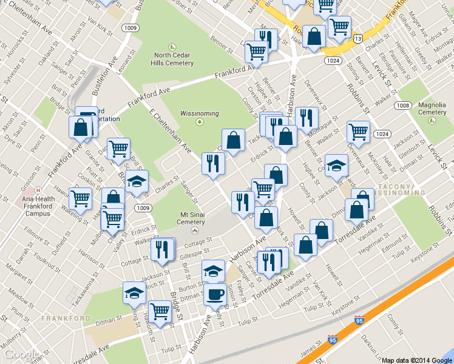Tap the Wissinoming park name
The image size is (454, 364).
coord(199,113)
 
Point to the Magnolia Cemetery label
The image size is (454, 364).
coord(432,108)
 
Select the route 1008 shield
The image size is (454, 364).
coord(402,105)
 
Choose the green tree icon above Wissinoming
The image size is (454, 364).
coord(199,123)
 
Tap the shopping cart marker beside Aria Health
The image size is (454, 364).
coord(80,198)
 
